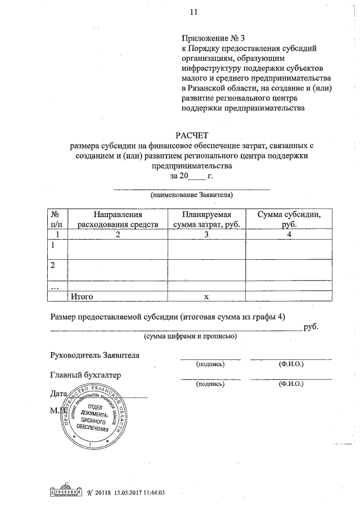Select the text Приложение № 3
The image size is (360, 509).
point(213,39)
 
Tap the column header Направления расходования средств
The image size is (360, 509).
point(118,219)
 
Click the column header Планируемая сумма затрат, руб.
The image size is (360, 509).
point(206,219)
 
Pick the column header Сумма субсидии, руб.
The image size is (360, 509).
point(289,219)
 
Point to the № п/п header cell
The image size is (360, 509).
point(56,219)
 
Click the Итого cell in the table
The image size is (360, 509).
point(80,295)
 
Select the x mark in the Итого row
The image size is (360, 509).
point(206,296)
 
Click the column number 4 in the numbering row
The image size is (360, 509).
point(289,235)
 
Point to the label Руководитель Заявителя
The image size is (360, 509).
point(94,355)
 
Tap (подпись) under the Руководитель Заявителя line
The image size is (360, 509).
point(210,364)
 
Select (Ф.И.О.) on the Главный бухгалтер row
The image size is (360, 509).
point(291,385)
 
